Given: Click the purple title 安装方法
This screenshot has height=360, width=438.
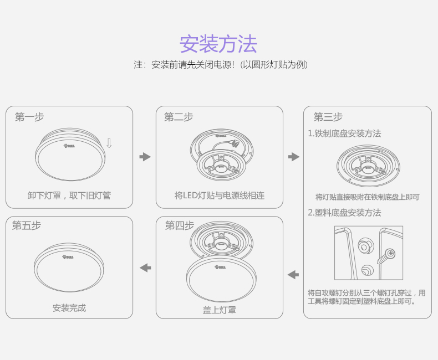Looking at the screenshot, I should [x=218, y=43].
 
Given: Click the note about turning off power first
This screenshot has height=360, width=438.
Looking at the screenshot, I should [x=221, y=65].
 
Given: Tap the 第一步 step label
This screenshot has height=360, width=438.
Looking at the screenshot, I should [x=29, y=117].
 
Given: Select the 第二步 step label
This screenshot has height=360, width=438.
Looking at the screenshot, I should [x=179, y=117].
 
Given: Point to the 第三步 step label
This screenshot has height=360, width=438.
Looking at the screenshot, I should [x=328, y=117].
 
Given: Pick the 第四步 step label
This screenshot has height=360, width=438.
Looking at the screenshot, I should [x=179, y=225].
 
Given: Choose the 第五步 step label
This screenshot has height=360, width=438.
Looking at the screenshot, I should [x=27, y=225].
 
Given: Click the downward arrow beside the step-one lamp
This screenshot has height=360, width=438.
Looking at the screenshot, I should [x=109, y=143].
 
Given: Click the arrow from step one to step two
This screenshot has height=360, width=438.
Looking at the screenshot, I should [x=145, y=157].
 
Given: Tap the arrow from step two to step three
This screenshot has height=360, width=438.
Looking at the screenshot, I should [x=294, y=157].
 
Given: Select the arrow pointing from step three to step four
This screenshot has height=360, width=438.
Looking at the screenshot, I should [x=293, y=274].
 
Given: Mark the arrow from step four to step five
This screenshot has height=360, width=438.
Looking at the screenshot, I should [x=145, y=268].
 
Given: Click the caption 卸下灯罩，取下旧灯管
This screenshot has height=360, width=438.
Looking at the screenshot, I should [x=69, y=196].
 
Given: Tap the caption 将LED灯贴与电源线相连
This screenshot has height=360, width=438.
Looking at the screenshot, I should [x=220, y=196].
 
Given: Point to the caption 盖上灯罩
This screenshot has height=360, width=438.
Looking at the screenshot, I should [x=220, y=310].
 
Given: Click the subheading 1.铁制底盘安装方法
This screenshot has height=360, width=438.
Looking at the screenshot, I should [x=344, y=133].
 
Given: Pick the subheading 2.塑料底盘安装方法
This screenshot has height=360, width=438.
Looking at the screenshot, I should [x=344, y=213].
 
